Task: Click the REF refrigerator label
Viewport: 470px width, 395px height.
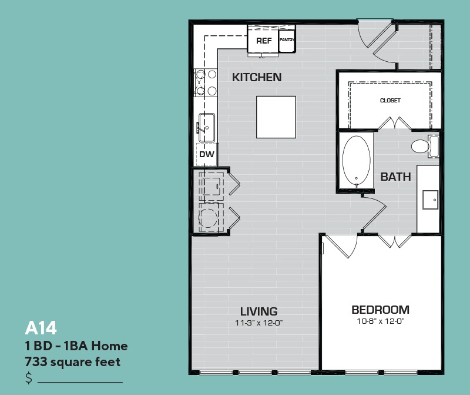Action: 264,41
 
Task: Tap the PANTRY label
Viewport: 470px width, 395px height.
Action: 287,39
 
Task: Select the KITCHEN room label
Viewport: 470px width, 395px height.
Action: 257,77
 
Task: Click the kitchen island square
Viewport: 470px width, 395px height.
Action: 276,117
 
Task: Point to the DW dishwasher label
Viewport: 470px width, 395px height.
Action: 207,154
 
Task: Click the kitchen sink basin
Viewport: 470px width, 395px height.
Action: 207,128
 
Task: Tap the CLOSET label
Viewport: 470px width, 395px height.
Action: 390,100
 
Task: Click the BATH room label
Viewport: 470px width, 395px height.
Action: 395,177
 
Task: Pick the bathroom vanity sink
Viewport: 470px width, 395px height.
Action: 431,200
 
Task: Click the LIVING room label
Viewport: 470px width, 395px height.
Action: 259,311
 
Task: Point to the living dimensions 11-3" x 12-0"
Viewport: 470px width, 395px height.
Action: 259,323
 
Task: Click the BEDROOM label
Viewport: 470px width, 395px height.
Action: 380,310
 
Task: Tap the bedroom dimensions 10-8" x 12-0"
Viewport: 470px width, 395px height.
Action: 380,321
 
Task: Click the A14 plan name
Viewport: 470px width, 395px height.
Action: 41,328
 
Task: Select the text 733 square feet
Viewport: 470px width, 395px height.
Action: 72,361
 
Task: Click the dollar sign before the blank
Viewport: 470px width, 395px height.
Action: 29,378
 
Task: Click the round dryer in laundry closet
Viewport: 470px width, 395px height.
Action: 209,218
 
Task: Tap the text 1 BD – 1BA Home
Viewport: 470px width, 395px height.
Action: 76,346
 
